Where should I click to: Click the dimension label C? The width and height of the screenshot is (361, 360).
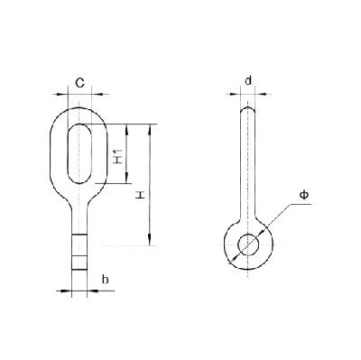coord(79,83)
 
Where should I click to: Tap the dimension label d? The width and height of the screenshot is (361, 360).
coord(248,80)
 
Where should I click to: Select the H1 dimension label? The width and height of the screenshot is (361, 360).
coord(118,156)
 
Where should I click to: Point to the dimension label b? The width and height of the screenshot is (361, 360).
coord(105,280)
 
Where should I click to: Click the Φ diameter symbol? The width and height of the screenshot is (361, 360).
coord(304,195)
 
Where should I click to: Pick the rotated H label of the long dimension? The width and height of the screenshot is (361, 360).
coord(139,196)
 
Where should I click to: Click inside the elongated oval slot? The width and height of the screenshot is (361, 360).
coord(79,153)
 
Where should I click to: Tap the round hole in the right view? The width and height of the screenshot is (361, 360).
coord(248,245)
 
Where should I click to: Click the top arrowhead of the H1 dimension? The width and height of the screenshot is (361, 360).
coord(126,128)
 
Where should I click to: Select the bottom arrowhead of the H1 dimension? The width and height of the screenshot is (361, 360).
coord(126,179)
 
